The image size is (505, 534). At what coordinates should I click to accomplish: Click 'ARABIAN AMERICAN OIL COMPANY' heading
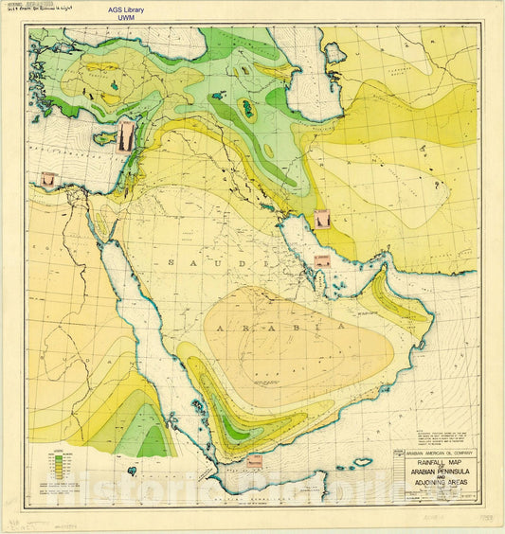pos(434,454)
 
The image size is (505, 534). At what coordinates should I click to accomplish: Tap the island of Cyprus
pos(103,138)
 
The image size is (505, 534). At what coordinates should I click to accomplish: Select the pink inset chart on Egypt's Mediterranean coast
pos(47,178)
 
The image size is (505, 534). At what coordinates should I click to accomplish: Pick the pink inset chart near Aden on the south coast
pos(254,460)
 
